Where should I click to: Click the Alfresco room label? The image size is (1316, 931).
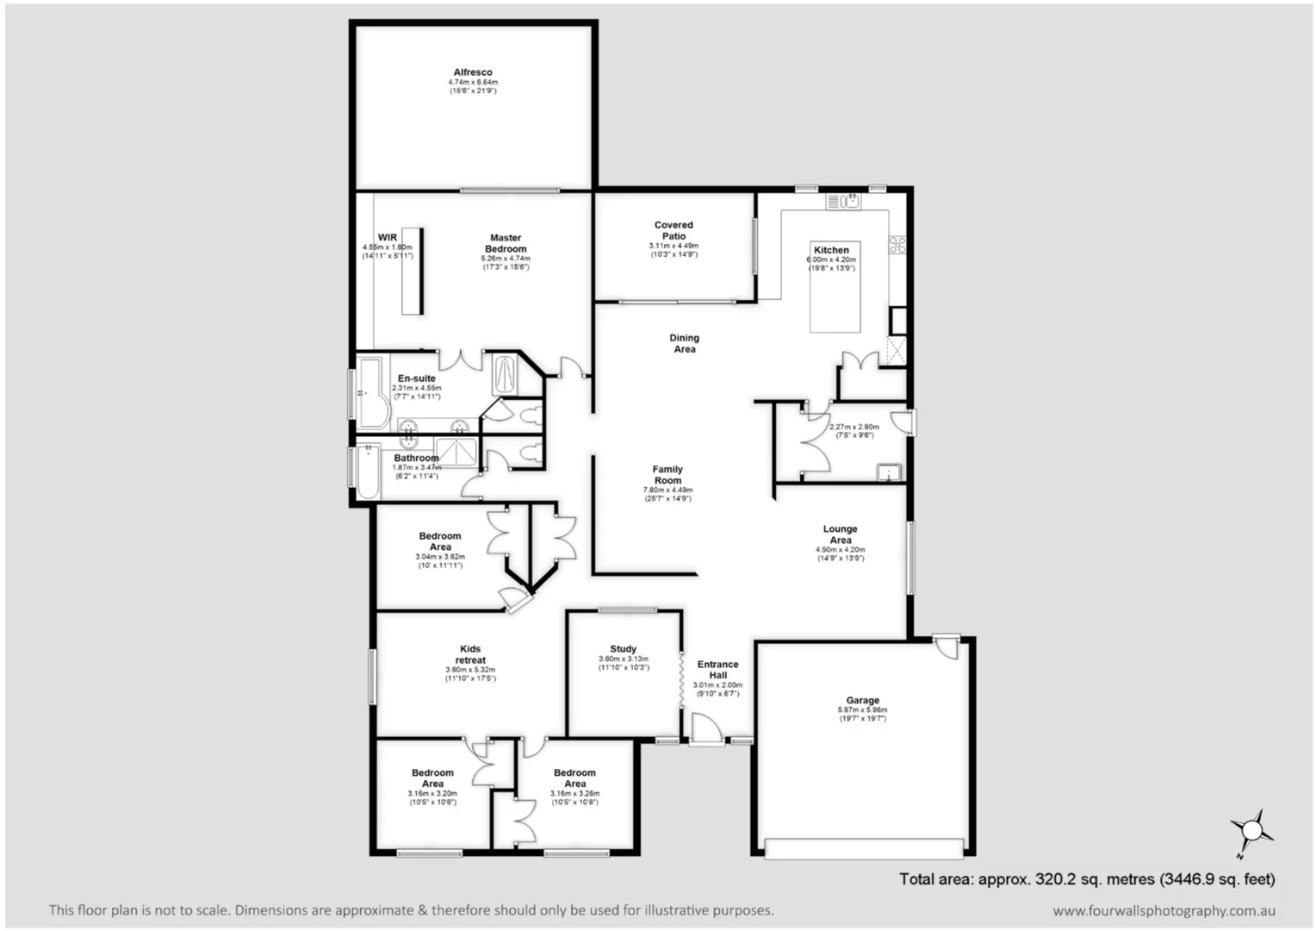(473, 72)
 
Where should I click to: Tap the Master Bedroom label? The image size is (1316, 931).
(506, 243)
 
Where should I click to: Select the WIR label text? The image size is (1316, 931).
(388, 237)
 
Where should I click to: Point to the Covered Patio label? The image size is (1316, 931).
(674, 230)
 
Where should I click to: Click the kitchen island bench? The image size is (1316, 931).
(835, 307)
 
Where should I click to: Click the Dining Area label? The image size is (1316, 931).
(685, 343)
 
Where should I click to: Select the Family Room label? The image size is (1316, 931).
(667, 475)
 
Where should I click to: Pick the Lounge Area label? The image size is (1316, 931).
(840, 534)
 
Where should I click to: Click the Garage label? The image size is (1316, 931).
(862, 701)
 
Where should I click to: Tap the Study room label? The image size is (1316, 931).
(623, 649)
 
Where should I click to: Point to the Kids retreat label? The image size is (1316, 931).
(470, 654)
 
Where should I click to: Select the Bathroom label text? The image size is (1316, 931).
(416, 458)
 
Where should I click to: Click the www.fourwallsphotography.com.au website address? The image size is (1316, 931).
(1164, 910)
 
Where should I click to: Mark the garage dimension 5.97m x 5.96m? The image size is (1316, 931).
(862, 710)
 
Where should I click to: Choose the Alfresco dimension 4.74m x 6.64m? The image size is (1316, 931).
(473, 82)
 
